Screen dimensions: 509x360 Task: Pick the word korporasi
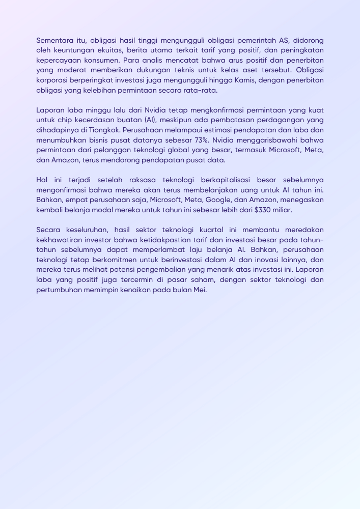coord(52,80)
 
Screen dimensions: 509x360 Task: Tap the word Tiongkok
coord(104,130)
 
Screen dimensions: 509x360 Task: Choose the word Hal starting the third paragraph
coord(42,180)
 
